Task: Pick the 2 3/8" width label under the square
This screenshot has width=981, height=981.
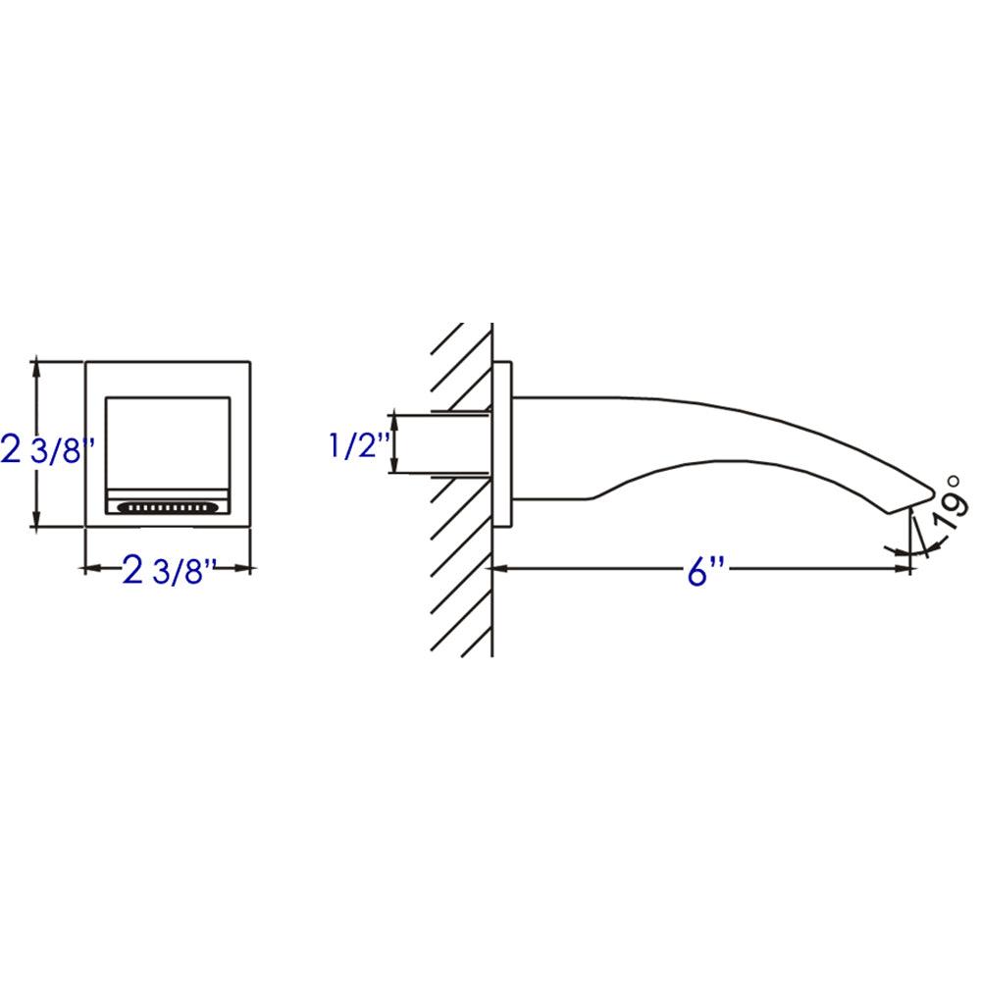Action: [x=169, y=570]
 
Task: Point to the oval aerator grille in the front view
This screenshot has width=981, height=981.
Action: [x=166, y=508]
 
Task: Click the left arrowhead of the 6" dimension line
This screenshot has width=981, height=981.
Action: [x=498, y=568]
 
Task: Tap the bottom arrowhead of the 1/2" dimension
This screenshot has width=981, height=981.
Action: [x=393, y=469]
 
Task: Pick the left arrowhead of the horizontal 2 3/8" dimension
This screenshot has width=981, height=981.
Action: [x=91, y=568]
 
